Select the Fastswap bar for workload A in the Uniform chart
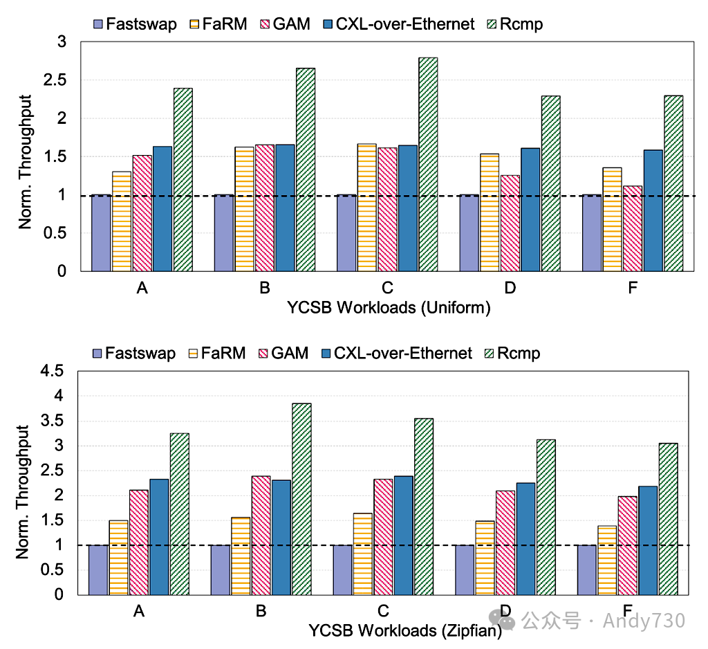coord(101,233)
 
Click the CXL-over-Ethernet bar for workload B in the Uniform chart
coord(285,208)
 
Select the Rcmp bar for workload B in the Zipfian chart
coord(301,499)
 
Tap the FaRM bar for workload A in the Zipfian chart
coord(118,558)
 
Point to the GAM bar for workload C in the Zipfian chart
coord(383,537)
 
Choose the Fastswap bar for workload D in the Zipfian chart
coord(465,570)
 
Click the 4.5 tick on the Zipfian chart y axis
coord(61,372)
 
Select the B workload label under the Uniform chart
coord(265,289)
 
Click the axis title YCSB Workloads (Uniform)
coord(389,308)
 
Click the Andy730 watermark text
coord(643,620)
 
